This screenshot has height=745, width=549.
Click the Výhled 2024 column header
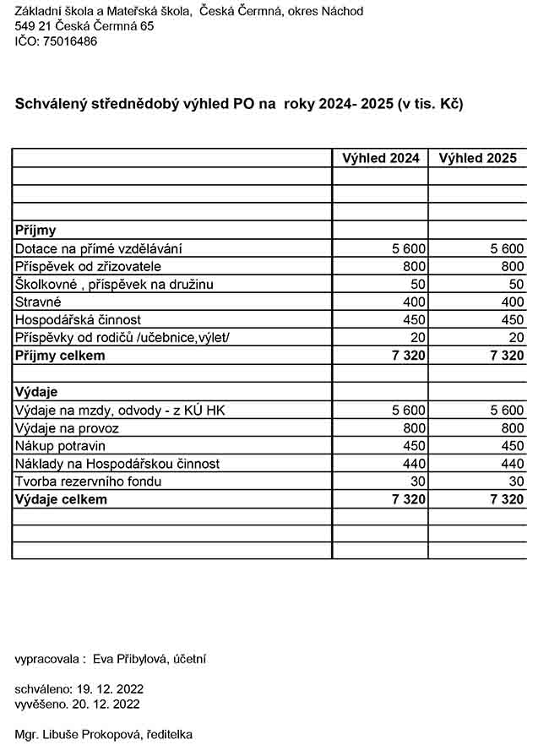[380, 158]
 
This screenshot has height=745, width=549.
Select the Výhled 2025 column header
[477, 158]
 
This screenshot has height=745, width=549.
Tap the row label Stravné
[38, 302]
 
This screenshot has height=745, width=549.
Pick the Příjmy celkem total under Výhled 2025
[507, 356]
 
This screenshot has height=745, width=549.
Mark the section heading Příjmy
[35, 230]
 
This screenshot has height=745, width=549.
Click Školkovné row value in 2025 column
[515, 284]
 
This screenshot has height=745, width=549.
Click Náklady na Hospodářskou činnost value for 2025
[511, 464]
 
